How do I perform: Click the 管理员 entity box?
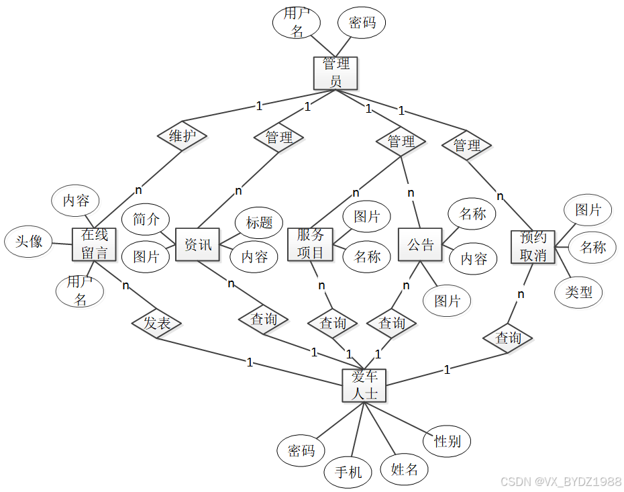point(335,72)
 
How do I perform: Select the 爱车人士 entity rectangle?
point(364,385)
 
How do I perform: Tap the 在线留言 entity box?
point(94,244)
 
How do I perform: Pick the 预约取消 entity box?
point(533,246)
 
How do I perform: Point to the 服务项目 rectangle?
point(310,244)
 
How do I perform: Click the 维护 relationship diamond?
point(182,136)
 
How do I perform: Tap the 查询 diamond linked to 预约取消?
point(508,338)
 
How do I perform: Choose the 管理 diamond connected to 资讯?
point(279,138)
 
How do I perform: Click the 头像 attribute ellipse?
point(29,242)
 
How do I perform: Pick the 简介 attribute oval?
point(146,219)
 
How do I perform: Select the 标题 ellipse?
point(259,222)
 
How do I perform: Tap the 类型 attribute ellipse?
point(579,292)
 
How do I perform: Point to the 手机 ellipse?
point(348,473)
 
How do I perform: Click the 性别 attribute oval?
point(447,441)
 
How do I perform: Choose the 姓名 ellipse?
point(404,469)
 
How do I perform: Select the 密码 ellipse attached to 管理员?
point(362,23)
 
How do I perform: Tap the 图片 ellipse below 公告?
point(447,301)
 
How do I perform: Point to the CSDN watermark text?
point(561,481)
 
